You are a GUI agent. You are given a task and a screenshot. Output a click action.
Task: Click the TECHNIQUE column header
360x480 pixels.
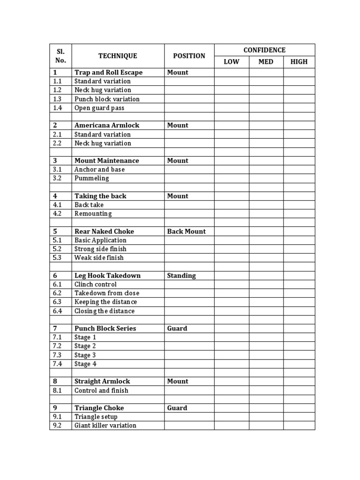click(118, 56)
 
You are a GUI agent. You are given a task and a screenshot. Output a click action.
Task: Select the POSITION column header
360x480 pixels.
click(189, 56)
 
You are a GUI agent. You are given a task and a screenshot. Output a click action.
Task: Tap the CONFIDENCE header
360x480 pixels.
click(264, 50)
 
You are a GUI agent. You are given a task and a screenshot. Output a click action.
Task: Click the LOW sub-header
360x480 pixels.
click(232, 62)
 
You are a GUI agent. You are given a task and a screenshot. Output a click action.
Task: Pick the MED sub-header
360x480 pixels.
click(266, 62)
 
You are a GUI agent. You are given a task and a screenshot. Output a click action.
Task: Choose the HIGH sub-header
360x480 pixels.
click(299, 62)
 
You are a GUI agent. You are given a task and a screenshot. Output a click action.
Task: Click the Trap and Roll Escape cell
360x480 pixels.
click(108, 73)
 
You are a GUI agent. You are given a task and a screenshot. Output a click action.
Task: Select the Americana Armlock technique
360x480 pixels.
click(106, 126)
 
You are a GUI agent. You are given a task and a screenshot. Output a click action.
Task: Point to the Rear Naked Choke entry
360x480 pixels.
click(104, 232)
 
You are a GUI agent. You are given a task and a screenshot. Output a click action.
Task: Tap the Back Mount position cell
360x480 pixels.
click(186, 232)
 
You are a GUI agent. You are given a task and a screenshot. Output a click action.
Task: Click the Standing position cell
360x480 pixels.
click(181, 276)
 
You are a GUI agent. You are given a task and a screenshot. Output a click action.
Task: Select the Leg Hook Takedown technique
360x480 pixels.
click(107, 276)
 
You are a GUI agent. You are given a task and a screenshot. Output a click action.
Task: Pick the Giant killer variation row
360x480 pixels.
click(105, 426)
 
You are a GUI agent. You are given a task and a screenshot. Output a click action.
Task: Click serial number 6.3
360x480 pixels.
click(58, 302)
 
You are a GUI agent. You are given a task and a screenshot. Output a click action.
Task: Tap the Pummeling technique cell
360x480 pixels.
click(91, 178)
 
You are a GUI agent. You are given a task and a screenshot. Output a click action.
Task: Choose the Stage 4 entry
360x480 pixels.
click(85, 364)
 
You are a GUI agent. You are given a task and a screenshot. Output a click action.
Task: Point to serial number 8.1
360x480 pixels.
click(58, 390)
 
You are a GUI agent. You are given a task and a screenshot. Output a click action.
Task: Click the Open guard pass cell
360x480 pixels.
click(99, 108)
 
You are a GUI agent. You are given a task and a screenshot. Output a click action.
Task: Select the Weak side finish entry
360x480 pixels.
click(99, 258)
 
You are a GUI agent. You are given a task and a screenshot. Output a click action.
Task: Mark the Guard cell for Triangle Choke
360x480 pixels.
click(177, 408)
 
